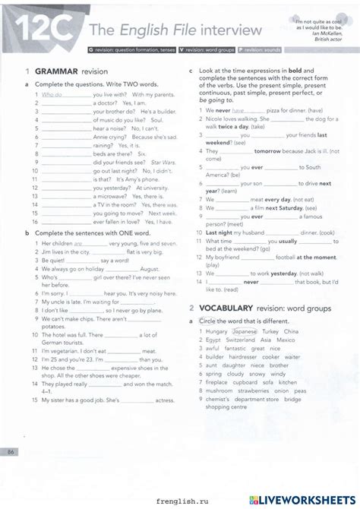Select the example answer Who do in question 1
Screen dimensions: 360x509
52,95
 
